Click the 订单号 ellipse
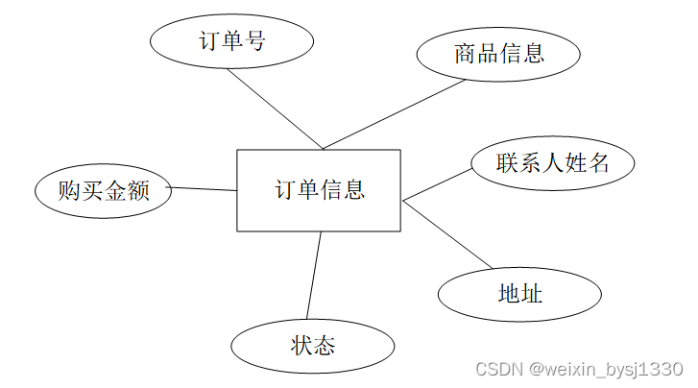coord(231,41)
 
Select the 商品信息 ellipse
coord(498,54)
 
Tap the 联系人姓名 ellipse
coord(552,163)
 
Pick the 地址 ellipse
coord(520,293)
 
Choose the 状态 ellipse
coord(312,346)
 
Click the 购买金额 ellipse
coord(103,190)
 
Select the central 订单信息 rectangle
coord(319,190)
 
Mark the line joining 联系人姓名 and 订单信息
coord(437,184)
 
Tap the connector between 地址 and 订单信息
coord(447,235)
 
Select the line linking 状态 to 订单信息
coord(313,276)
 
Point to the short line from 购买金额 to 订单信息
coord(204,189)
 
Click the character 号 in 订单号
coord(254,41)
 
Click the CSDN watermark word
coord(497,370)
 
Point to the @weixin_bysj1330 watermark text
coord(605,370)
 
